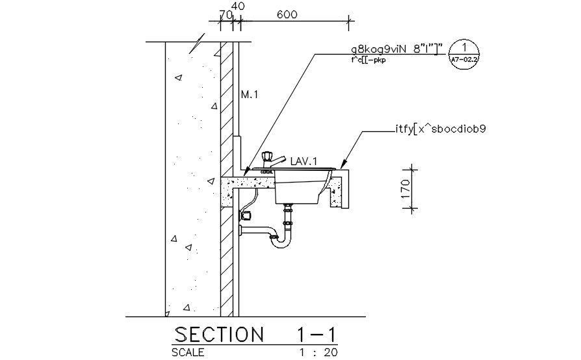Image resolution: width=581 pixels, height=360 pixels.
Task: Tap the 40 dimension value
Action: (239, 6)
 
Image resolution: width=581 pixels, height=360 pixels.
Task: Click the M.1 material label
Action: (250, 95)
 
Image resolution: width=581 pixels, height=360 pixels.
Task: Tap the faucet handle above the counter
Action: (266, 157)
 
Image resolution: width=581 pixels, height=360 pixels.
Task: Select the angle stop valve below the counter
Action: (246, 214)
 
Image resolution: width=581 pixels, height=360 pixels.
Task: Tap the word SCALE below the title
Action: (188, 353)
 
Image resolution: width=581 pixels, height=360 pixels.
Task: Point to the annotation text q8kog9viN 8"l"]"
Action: (396, 49)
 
